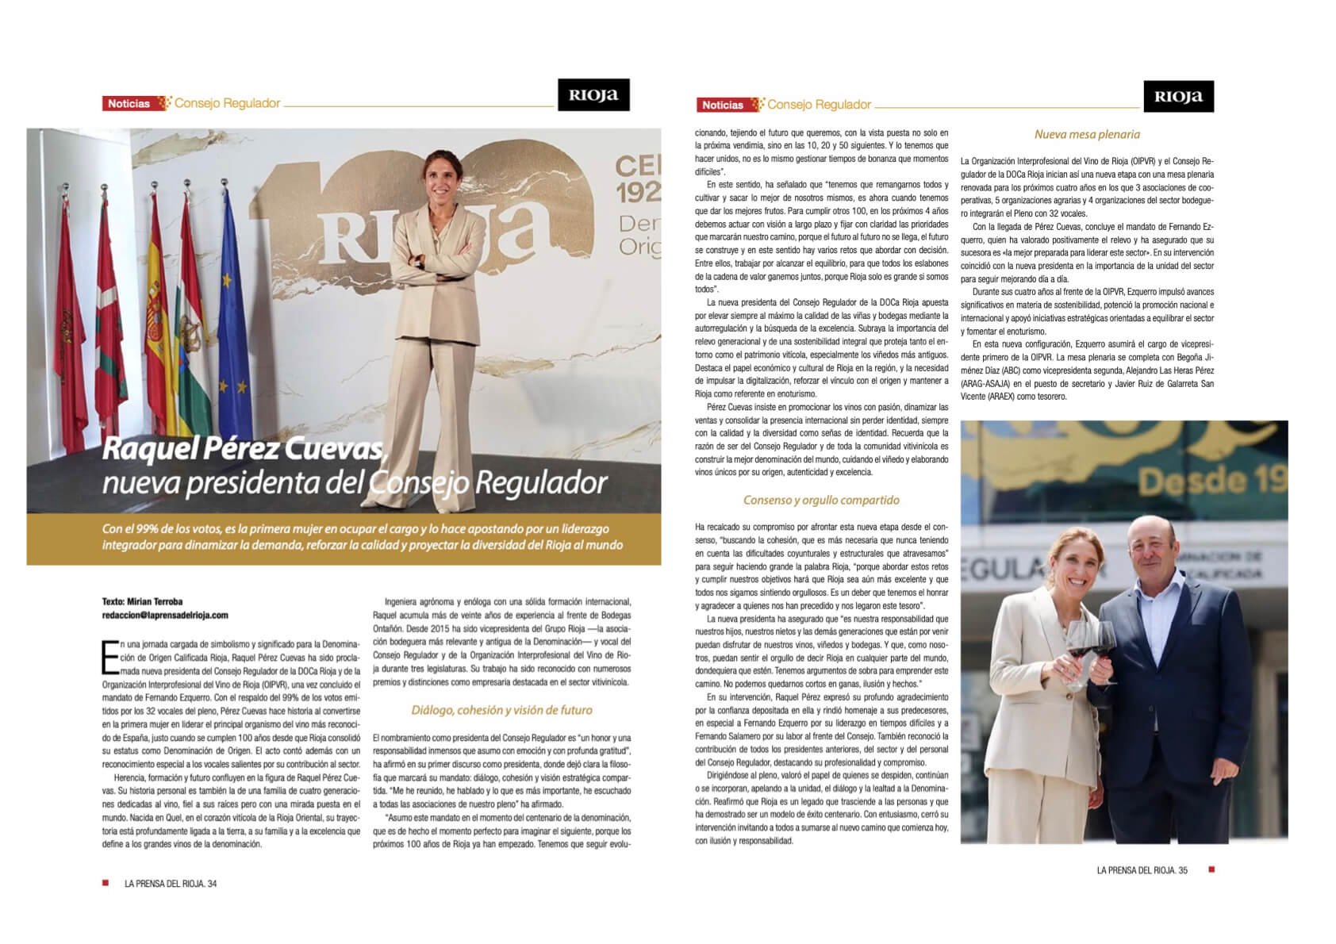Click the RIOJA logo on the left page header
tap(593, 95)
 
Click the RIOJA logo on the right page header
tap(1178, 97)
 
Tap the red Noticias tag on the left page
tap(129, 103)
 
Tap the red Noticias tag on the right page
tap(722, 105)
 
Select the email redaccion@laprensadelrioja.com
tap(165, 615)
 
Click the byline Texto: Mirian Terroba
tap(142, 601)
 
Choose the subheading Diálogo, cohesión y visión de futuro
tap(501, 710)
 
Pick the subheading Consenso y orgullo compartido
tap(821, 500)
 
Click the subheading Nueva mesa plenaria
tap(1087, 134)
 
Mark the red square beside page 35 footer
tap(1211, 870)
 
